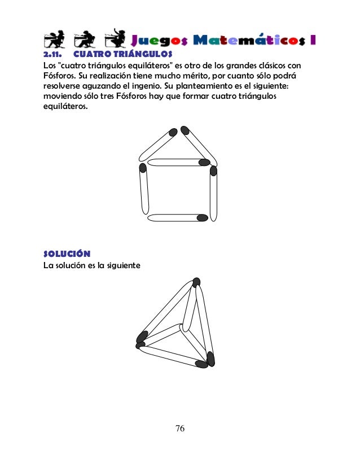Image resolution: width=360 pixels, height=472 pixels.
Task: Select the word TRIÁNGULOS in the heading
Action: (138, 55)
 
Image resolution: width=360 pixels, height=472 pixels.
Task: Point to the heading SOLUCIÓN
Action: (67, 252)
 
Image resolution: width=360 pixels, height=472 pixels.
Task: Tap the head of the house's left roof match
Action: (172, 133)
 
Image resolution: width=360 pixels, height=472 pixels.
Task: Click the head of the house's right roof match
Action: (185, 131)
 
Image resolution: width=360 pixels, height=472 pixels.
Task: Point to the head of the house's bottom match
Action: (201, 217)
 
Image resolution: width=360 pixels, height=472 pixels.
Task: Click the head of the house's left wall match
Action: (143, 168)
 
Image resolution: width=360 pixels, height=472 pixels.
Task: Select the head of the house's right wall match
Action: (213, 170)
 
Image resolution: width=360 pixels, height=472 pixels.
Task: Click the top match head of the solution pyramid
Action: (196, 282)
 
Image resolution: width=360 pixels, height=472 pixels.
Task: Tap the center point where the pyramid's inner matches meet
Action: (182, 327)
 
